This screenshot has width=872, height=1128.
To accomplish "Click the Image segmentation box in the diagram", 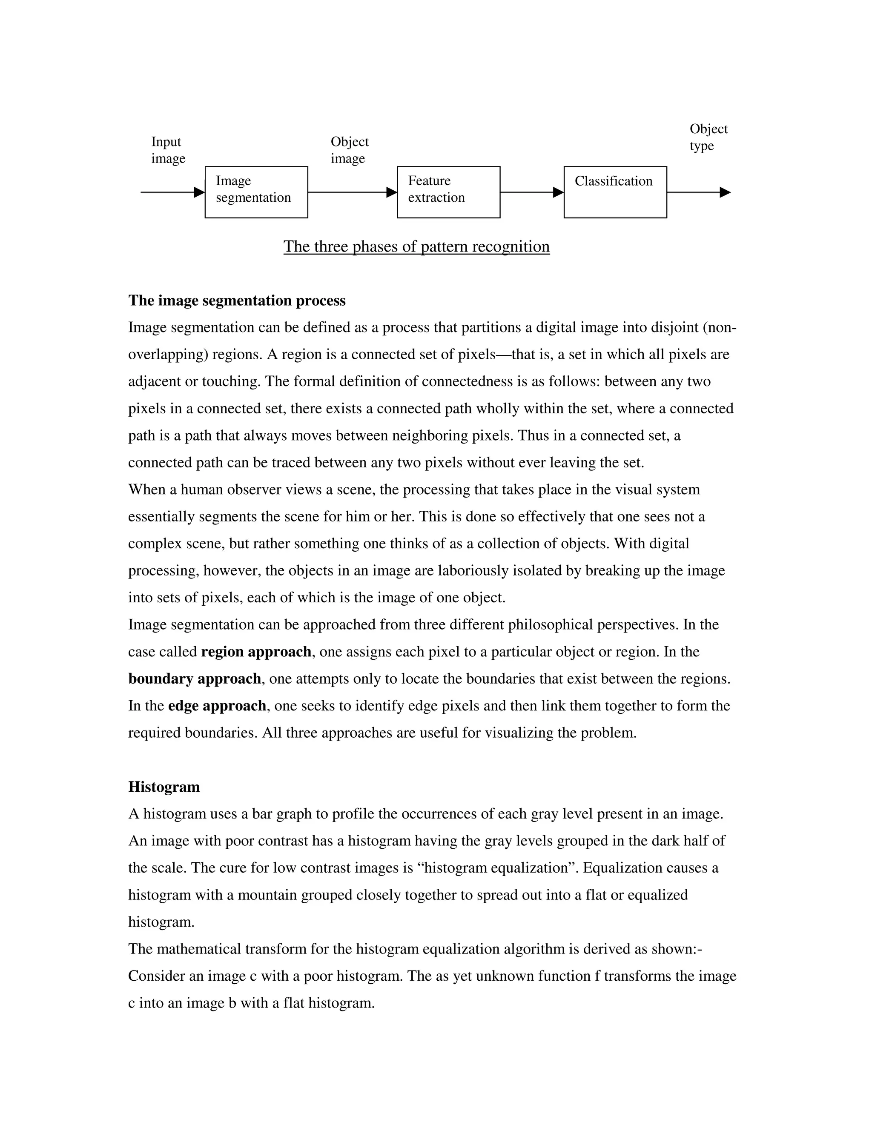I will click(x=256, y=192).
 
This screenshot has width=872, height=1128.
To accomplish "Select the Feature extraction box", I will click(x=448, y=192).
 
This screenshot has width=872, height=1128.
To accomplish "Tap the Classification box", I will click(x=615, y=192).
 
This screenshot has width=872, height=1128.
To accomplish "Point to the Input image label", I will click(x=168, y=150).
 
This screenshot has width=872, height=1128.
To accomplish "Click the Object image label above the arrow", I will click(x=349, y=150).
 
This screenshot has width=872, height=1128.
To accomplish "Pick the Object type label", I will click(x=708, y=137).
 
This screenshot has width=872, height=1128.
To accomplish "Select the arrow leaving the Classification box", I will click(x=698, y=192).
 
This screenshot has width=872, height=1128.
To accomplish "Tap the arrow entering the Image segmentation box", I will click(x=172, y=192).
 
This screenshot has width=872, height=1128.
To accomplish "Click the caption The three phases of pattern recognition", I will click(x=416, y=246).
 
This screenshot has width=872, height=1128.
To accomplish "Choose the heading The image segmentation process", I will click(x=237, y=301).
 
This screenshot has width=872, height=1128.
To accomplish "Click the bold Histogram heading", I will click(x=164, y=787).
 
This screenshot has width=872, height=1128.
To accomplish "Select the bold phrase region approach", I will click(x=256, y=652).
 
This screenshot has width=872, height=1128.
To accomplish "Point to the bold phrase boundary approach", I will click(x=194, y=679).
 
